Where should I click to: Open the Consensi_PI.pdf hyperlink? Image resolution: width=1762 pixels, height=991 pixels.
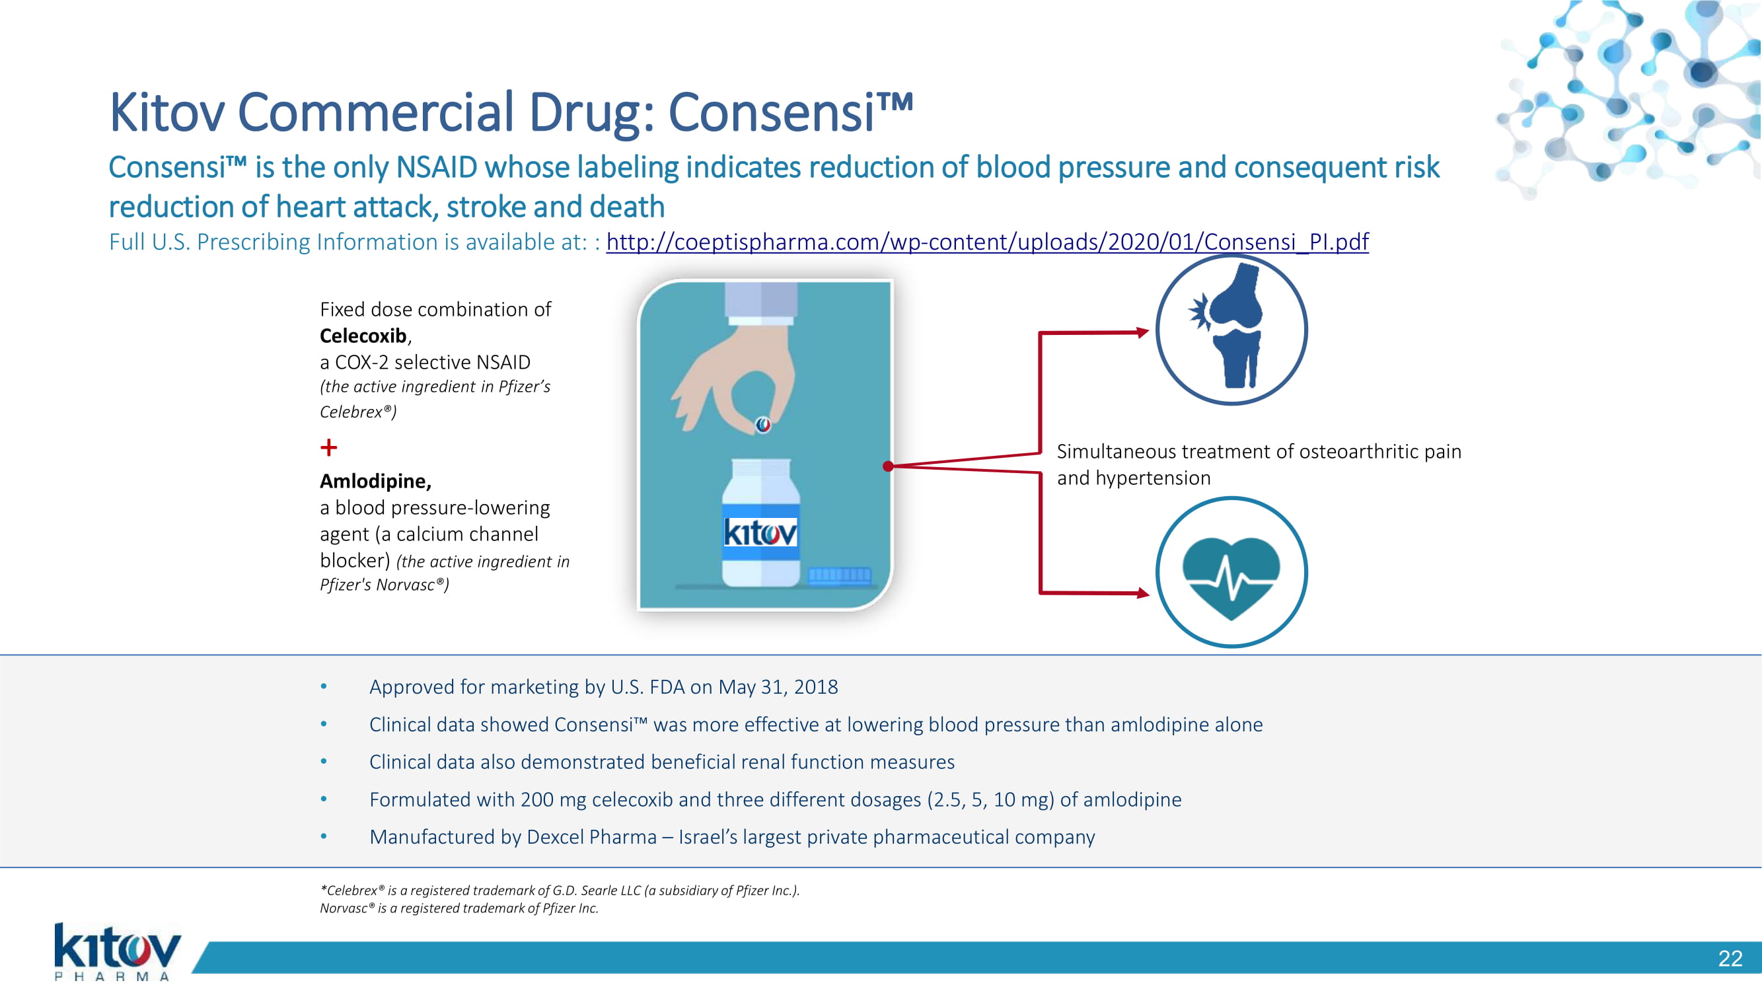tap(987, 242)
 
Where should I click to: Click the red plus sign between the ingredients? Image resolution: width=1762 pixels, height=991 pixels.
tap(329, 447)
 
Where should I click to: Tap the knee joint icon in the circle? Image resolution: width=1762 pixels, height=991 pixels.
tap(1231, 330)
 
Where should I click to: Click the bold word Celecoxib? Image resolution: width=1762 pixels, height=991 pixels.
tap(363, 336)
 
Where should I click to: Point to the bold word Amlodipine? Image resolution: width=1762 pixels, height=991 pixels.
tap(375, 482)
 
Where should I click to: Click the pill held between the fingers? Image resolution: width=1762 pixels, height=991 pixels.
tap(763, 425)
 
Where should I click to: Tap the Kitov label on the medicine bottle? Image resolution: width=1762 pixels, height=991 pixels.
tap(760, 532)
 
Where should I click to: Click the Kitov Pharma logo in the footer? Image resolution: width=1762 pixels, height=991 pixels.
tap(117, 951)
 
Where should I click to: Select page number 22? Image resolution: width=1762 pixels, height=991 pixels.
tap(1730, 958)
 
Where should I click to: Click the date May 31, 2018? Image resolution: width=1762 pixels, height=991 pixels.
tap(778, 686)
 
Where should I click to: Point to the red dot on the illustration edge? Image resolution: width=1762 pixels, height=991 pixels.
tap(888, 466)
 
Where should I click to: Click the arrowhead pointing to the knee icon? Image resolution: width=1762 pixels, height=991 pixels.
tap(1143, 332)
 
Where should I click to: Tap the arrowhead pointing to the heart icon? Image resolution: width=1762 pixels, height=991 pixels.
tap(1143, 593)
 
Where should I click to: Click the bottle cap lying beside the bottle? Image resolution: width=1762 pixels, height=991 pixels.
tap(839, 575)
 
